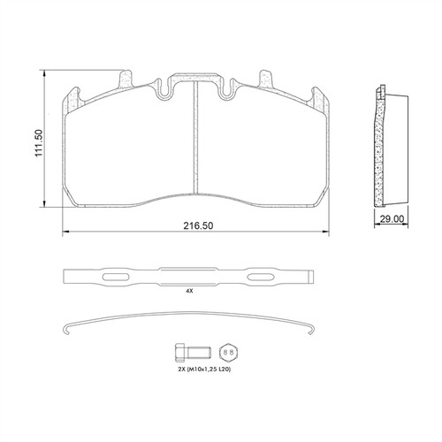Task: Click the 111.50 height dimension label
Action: pos(39,143)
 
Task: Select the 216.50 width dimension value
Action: pos(198,225)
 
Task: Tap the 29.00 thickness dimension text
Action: pos(392,219)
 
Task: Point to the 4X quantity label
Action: pos(189,291)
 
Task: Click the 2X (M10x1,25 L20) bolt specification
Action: pos(204,369)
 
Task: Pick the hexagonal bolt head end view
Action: pos(228,352)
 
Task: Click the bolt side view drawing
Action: pos(193,353)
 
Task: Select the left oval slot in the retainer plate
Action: pos(115,277)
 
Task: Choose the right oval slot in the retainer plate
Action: pos(261,277)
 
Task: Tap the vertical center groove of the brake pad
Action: pos(194,137)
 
